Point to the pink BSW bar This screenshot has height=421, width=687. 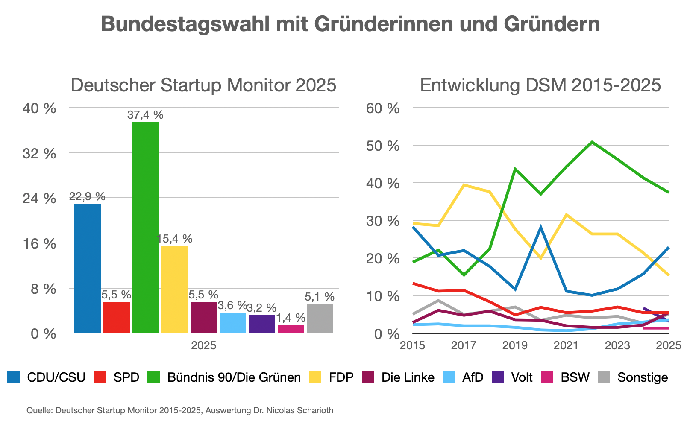coord(291,329)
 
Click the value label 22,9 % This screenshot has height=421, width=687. coord(87,196)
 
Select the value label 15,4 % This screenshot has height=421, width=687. coord(175,239)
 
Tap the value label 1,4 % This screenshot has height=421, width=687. coord(291,318)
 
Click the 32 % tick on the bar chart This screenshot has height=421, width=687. coord(39,153)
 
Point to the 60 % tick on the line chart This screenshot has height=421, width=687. coord(383,108)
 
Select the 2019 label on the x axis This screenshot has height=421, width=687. coord(515,345)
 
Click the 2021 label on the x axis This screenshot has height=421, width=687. coord(566,345)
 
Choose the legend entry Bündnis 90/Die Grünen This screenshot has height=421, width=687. coord(234,377)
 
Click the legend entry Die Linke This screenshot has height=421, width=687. coord(408,377)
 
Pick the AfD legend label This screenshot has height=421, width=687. coord(473,377)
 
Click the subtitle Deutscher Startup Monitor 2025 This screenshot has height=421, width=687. coord(203,85)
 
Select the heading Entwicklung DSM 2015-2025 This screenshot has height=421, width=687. coord(540,85)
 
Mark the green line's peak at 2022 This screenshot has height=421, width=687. coord(592,142)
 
